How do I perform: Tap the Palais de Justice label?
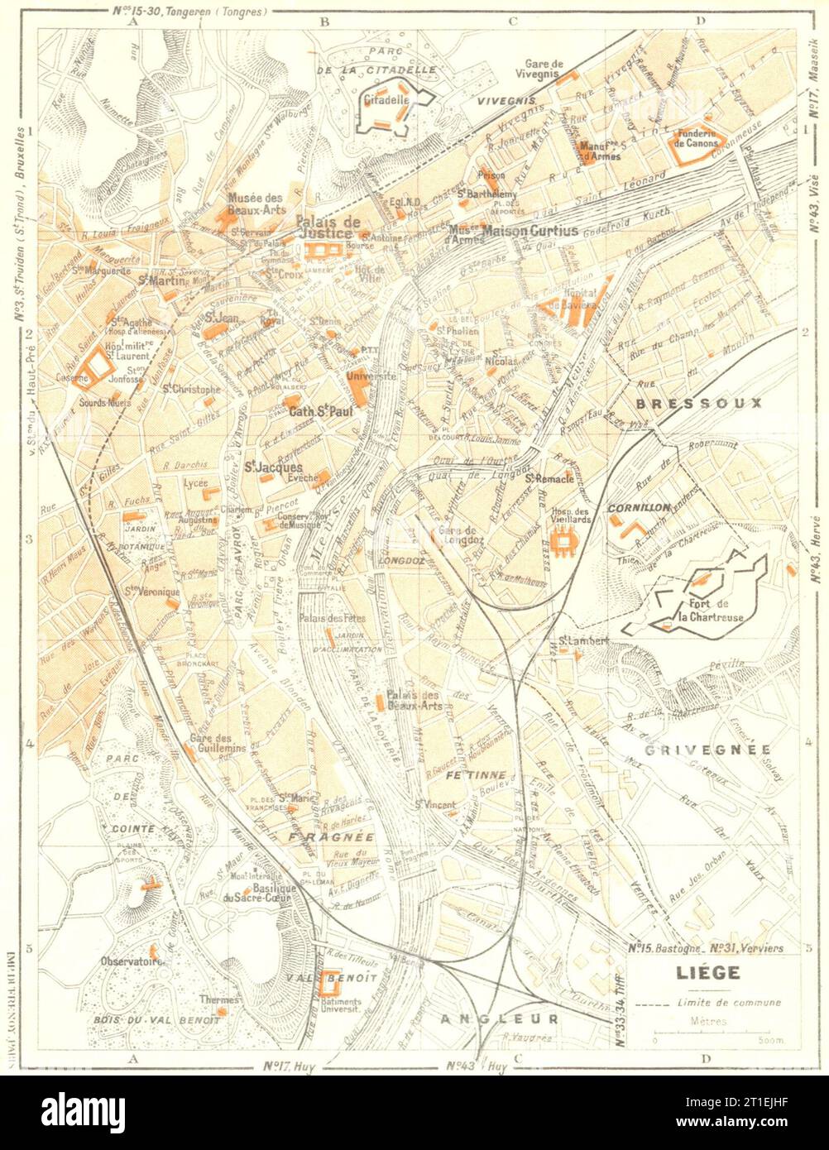[x=328, y=228]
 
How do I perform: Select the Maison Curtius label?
[x=530, y=231]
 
